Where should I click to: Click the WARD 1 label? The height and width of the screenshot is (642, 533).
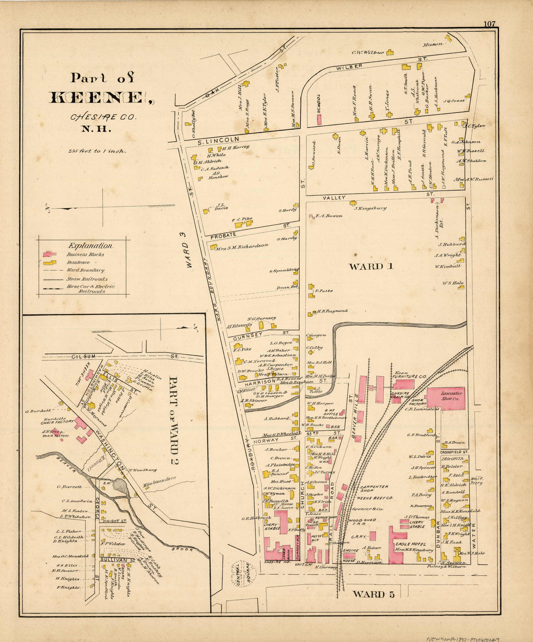point(371,267)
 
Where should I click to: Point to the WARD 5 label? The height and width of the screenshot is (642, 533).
point(374,594)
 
